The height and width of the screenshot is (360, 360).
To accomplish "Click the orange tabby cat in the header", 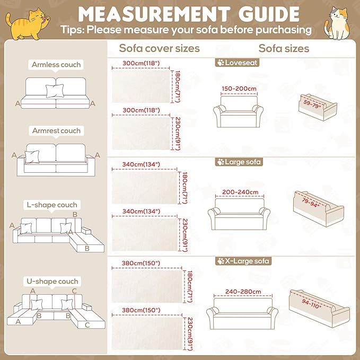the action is (x=27, y=24).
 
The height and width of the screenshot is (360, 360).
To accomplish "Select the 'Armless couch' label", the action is (x=56, y=65).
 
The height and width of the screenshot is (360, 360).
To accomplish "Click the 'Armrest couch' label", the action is (x=56, y=130).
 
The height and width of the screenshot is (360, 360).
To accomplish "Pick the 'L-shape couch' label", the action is (x=52, y=205).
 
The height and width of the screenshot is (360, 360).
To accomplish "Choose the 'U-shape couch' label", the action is (x=52, y=281).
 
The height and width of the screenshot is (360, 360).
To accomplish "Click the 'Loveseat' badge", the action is (x=237, y=63).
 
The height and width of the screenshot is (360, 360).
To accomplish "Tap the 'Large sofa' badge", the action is (x=239, y=162).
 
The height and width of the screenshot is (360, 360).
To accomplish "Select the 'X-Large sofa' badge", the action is (x=243, y=261).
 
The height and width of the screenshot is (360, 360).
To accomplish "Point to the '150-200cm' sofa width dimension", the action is (x=239, y=89).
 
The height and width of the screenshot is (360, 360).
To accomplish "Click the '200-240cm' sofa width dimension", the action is (x=240, y=192).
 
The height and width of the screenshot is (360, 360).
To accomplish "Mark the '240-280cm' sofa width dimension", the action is (x=243, y=292).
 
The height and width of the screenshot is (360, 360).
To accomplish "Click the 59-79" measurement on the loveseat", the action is (x=312, y=104).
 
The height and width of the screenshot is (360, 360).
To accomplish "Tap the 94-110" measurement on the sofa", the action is (x=311, y=304).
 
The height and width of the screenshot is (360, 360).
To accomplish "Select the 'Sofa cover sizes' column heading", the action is (x=160, y=48).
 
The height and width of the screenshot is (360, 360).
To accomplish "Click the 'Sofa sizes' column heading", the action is (x=284, y=48).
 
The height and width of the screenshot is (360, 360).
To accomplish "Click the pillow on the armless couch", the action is (x=55, y=91).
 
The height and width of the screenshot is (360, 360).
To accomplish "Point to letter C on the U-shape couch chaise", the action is (x=87, y=325).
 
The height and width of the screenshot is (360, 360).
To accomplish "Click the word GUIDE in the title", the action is (x=269, y=14).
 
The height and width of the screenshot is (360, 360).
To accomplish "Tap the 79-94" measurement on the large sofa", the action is (x=310, y=203).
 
